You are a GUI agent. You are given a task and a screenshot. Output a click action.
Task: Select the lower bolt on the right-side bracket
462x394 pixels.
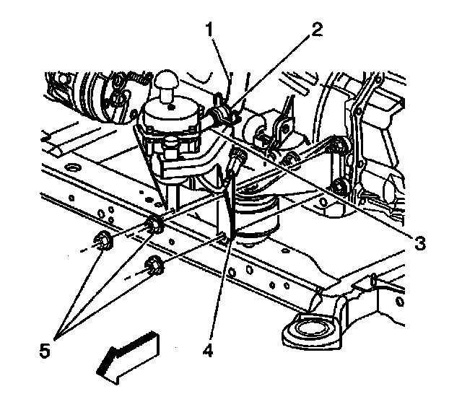[339, 191]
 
